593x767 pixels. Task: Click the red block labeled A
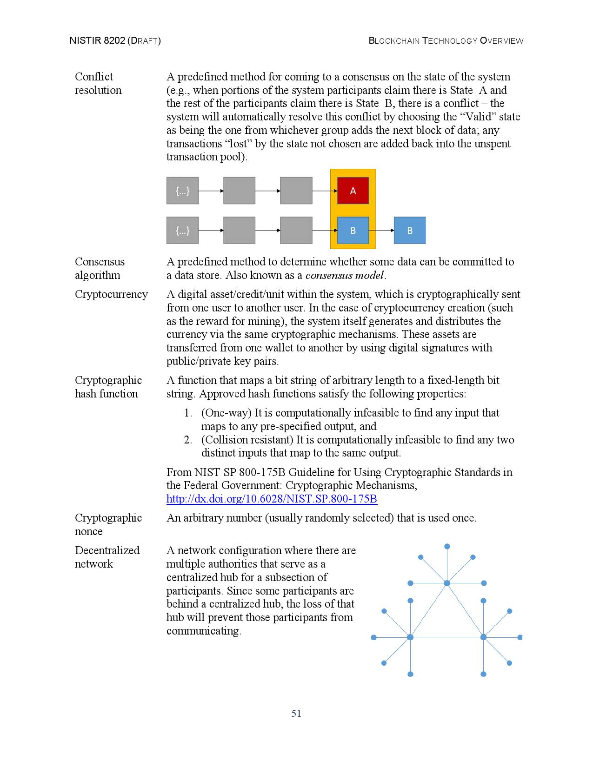click(x=353, y=191)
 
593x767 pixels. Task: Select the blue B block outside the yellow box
click(x=409, y=230)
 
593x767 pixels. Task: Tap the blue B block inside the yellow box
click(x=353, y=230)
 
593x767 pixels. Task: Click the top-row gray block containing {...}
click(x=182, y=191)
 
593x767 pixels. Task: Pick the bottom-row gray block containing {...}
click(x=182, y=230)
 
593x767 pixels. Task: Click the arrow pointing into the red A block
click(x=324, y=191)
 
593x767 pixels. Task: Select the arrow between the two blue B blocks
click(x=381, y=230)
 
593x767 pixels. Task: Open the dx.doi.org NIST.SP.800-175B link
click(x=272, y=499)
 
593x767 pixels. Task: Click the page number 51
click(x=296, y=713)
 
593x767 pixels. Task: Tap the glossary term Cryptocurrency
click(x=111, y=294)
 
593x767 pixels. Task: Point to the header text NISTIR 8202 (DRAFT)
click(x=115, y=40)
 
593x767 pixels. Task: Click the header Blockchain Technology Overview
click(x=446, y=40)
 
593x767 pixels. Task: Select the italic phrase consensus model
click(x=345, y=275)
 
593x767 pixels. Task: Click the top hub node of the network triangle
click(x=447, y=583)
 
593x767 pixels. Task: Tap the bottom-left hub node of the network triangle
click(x=410, y=637)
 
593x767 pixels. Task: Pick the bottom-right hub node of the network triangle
click(x=483, y=637)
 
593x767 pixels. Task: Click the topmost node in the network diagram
click(x=447, y=546)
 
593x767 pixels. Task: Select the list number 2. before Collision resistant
click(x=188, y=440)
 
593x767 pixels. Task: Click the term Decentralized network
click(x=107, y=557)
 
